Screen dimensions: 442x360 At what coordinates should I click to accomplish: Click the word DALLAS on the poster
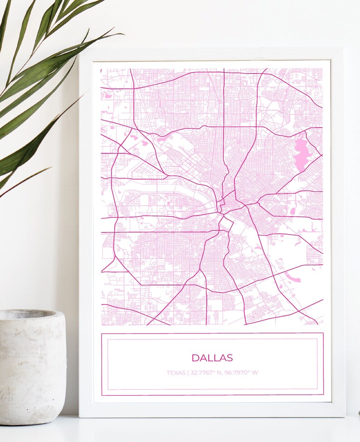pyautogui.click(x=212, y=358)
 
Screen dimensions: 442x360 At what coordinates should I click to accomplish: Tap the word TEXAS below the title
pyautogui.click(x=176, y=373)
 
